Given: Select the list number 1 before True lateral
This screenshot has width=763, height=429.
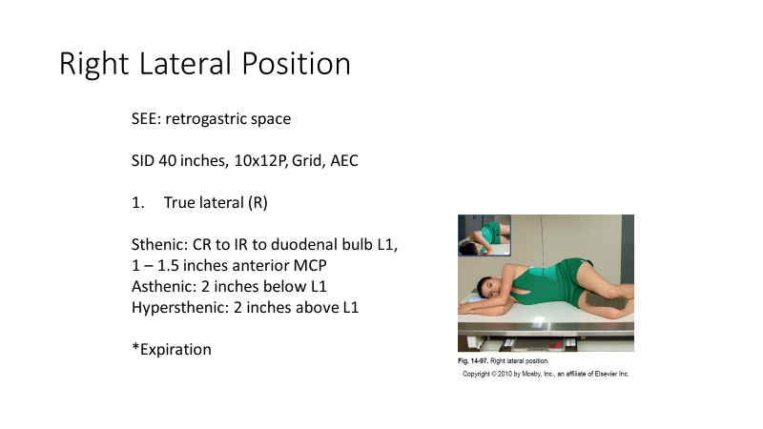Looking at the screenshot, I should point(138,202).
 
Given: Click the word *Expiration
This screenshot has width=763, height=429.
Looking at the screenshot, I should point(172,349).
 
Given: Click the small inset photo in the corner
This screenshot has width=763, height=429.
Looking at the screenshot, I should point(484,235).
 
